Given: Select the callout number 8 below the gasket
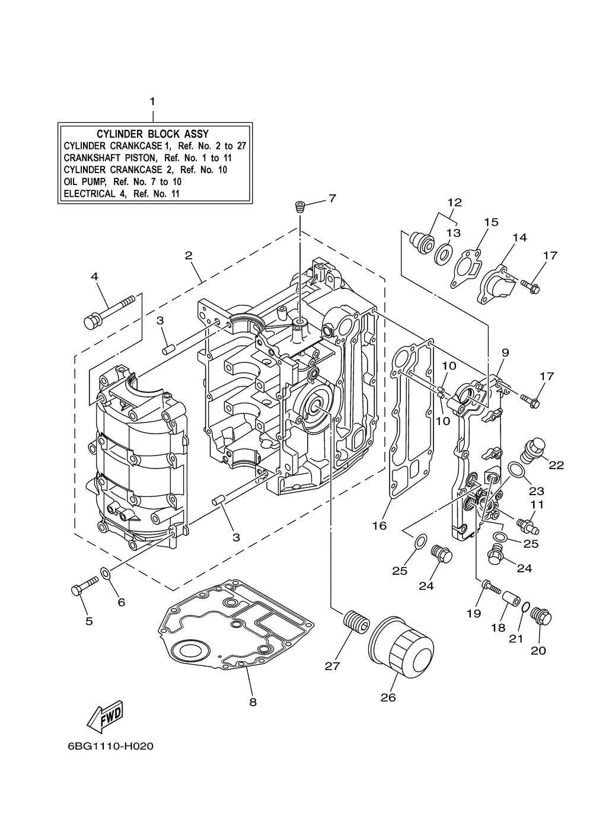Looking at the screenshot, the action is point(253,702).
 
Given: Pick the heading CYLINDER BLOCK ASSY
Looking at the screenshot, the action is point(152,133).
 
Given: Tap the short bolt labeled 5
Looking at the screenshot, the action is point(84,587).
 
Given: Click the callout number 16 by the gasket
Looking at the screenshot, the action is point(380,526).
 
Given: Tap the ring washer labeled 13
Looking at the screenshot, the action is point(444,254).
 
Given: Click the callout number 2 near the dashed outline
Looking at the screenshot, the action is point(189,255).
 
